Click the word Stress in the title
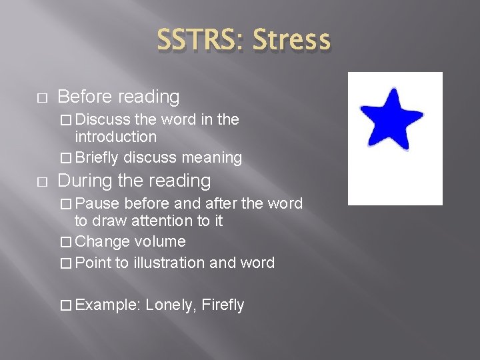click(x=291, y=39)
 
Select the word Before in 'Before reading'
click(x=85, y=97)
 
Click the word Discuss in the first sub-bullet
click(x=103, y=119)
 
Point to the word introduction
click(x=116, y=137)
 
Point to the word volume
click(x=159, y=241)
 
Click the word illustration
click(x=169, y=263)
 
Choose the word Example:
click(x=107, y=305)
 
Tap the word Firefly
click(x=223, y=305)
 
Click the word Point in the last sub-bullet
click(x=93, y=263)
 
